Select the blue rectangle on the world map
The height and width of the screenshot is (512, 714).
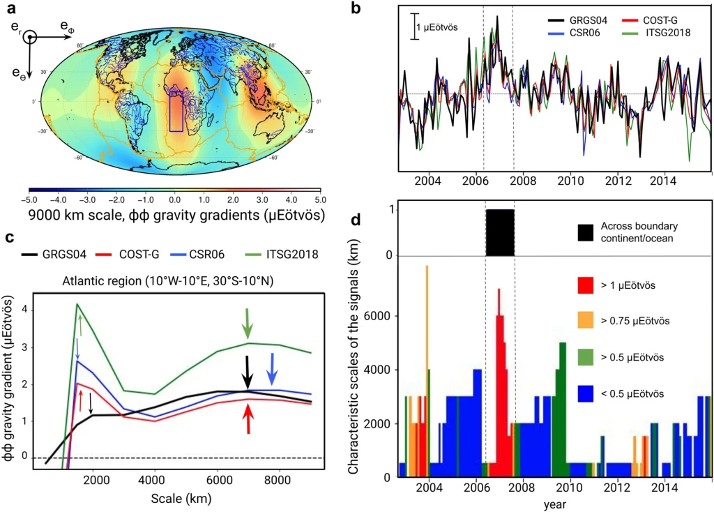click(176, 110)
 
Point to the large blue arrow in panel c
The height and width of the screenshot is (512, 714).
click(273, 369)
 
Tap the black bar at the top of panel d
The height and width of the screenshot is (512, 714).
click(499, 232)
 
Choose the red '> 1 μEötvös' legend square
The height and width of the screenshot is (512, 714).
click(586, 285)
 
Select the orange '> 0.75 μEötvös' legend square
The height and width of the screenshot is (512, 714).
click(586, 322)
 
